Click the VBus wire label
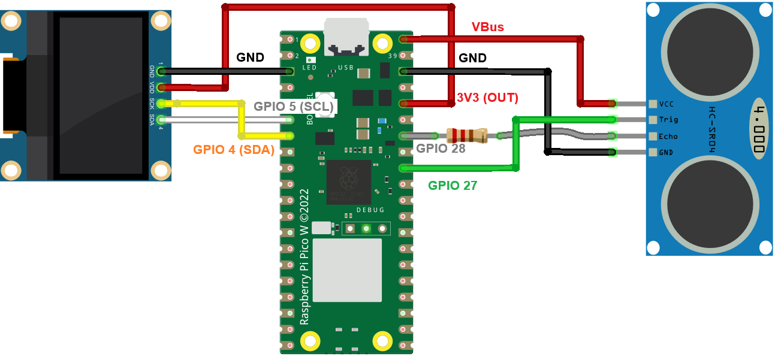[x=487, y=27]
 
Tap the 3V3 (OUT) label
[x=487, y=98]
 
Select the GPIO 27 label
[x=453, y=186]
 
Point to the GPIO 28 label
[x=441, y=149]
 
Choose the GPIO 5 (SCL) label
[x=293, y=107]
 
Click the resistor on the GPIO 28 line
[x=467, y=136]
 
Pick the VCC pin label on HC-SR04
[x=667, y=104]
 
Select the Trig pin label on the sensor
[x=668, y=120]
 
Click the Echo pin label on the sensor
[x=668, y=136]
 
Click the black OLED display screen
[x=101, y=96]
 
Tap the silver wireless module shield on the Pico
[x=347, y=270]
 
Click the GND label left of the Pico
[x=250, y=58]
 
